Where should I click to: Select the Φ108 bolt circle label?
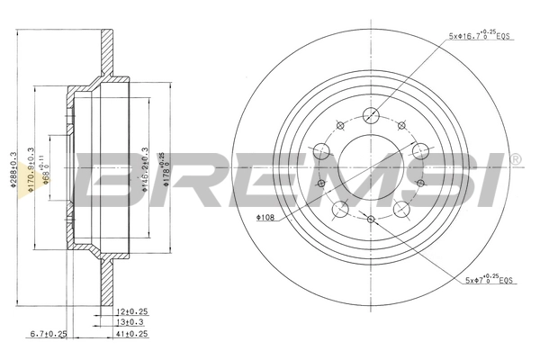(x=266, y=217)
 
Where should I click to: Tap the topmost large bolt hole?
(x=370, y=114)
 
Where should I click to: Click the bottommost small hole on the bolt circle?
(x=371, y=219)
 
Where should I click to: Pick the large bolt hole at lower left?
(x=340, y=209)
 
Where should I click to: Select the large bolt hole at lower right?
(x=401, y=208)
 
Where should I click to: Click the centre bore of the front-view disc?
(x=370, y=166)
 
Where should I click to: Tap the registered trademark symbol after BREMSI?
(x=514, y=159)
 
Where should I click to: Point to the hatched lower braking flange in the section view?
(x=107, y=282)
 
